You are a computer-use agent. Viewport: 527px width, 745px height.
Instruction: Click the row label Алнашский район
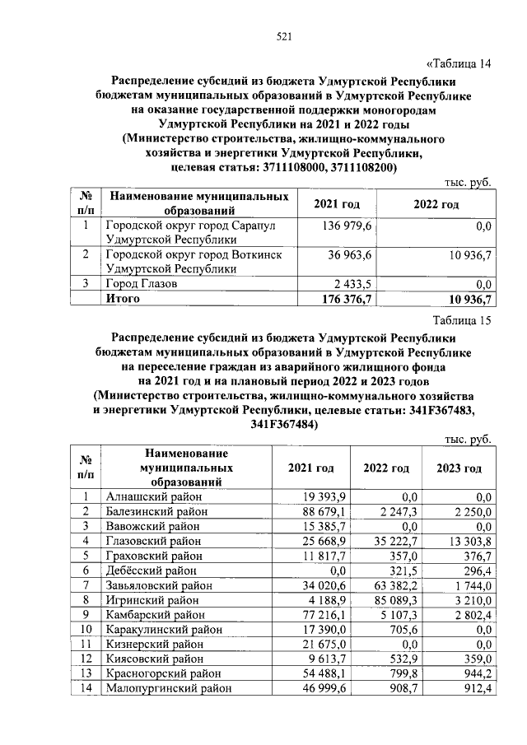(154, 496)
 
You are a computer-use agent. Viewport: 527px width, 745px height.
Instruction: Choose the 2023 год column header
(459, 468)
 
